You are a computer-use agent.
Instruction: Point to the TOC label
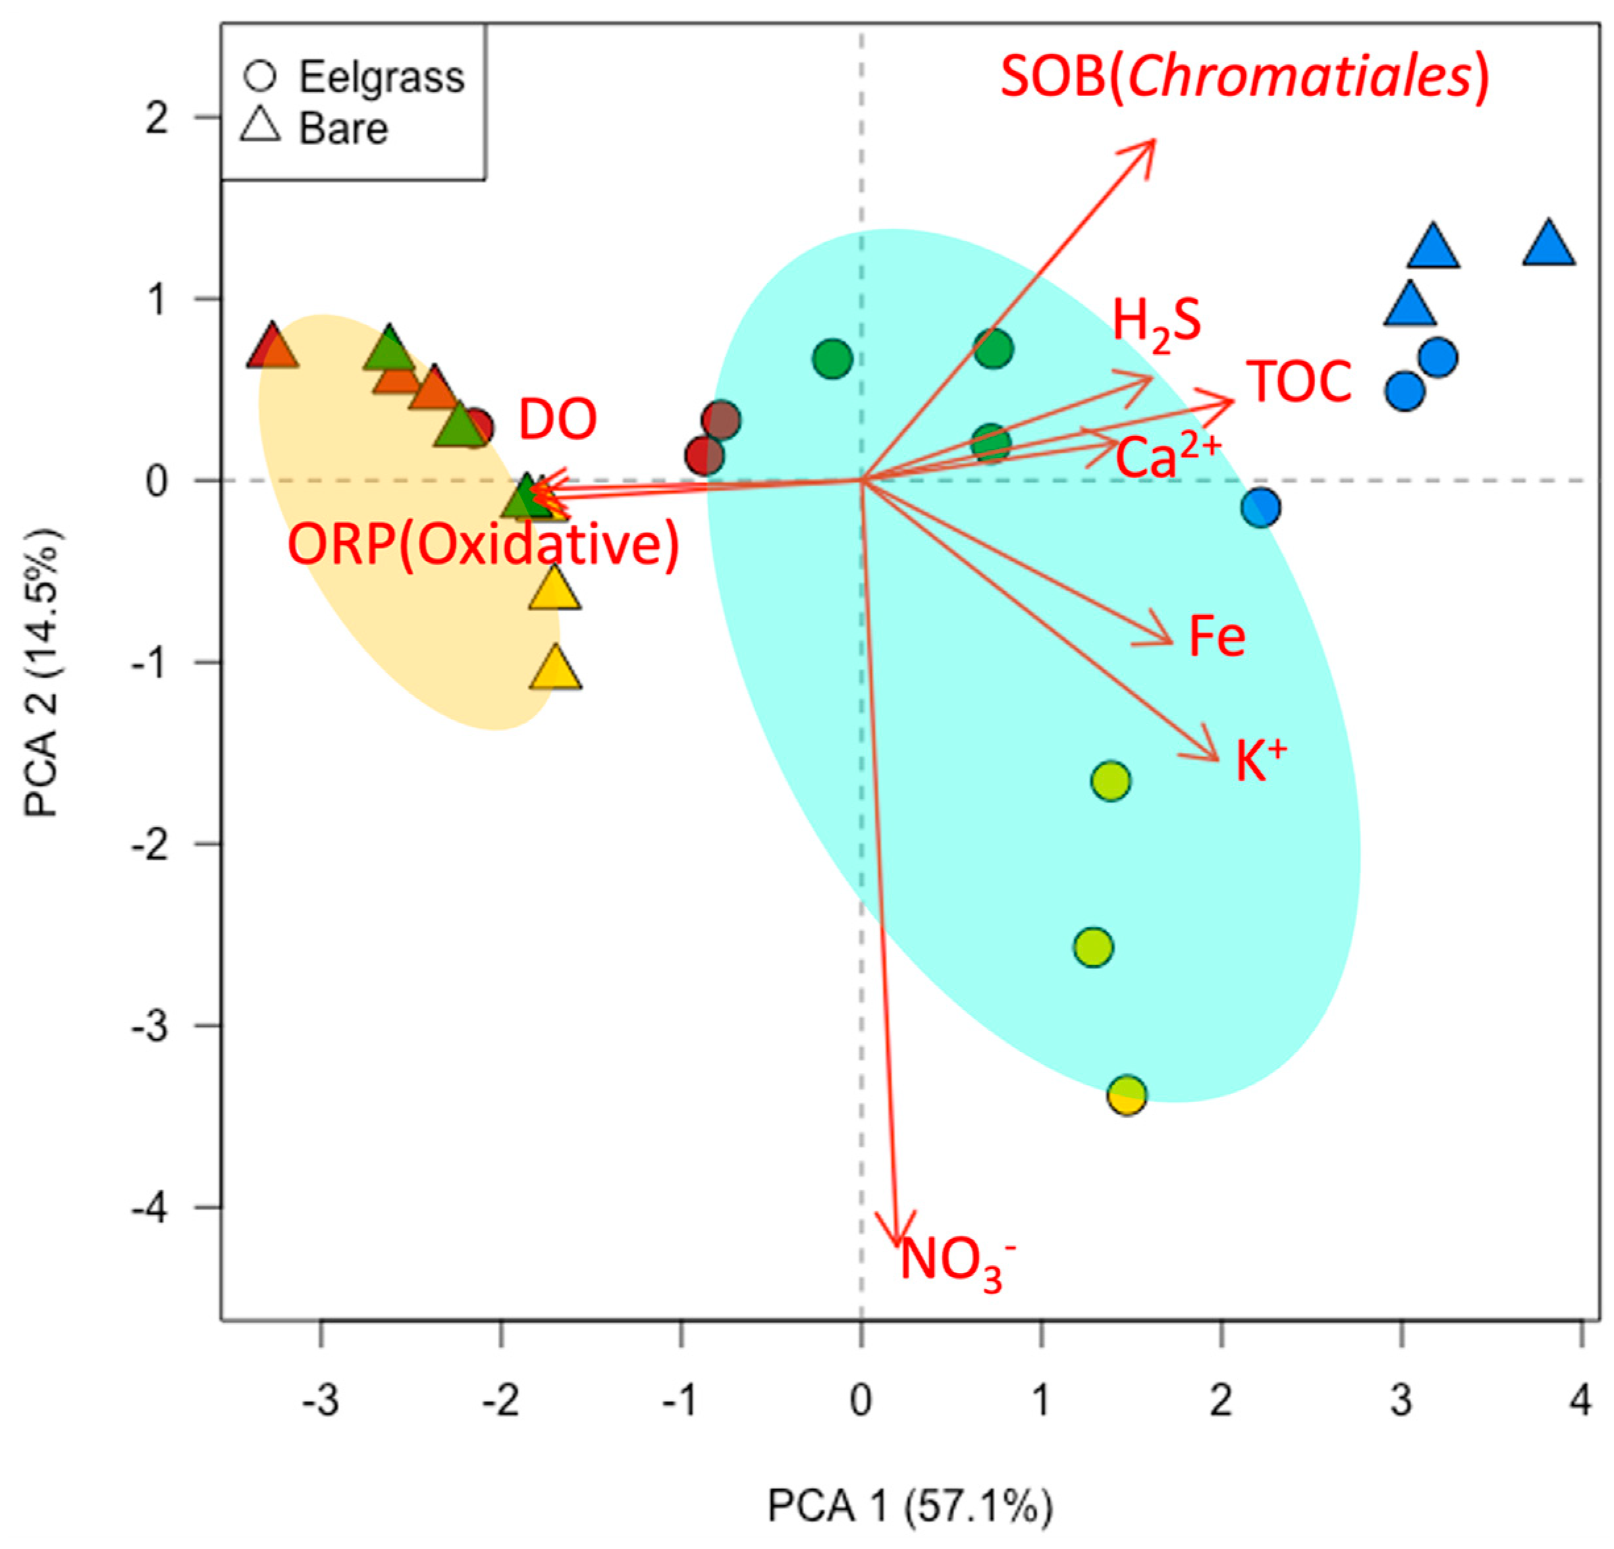click(1299, 382)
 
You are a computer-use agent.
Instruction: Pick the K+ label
click(1260, 759)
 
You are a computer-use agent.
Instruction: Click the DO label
click(558, 420)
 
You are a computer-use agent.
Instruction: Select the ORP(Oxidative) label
click(483, 545)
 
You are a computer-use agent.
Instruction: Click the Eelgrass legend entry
click(381, 78)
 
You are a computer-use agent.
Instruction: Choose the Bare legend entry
click(342, 128)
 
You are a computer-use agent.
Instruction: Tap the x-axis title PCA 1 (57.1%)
click(910, 1507)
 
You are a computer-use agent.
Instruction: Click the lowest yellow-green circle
click(1127, 1095)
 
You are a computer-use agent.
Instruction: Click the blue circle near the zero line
click(1260, 507)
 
